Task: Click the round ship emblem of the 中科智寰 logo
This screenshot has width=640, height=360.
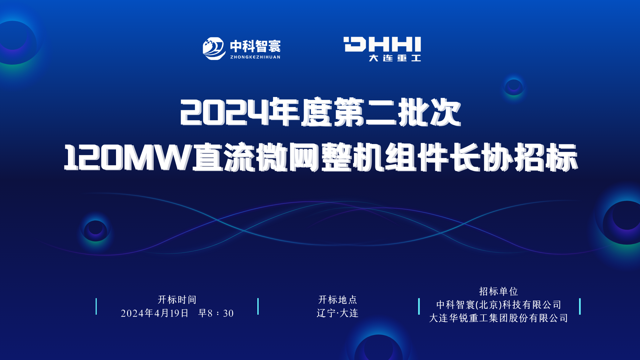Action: [x=214, y=48]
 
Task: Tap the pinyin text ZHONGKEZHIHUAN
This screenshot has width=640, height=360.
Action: [x=255, y=57]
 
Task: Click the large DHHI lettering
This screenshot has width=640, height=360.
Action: [x=382, y=44]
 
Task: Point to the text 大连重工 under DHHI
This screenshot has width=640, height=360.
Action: [x=395, y=58]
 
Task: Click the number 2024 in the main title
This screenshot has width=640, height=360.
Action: [x=225, y=113]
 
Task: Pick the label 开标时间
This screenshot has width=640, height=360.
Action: [x=177, y=300]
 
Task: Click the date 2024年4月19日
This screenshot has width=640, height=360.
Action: [x=155, y=313]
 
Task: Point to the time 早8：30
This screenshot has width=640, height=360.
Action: [x=216, y=313]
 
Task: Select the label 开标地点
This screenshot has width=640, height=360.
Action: [x=338, y=300]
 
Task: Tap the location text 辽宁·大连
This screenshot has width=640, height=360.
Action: [x=337, y=313]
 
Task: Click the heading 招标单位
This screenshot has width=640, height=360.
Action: [x=499, y=291]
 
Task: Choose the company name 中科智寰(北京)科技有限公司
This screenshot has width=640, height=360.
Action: [x=499, y=305]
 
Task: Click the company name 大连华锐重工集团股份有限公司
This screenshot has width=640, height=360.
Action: [x=499, y=318]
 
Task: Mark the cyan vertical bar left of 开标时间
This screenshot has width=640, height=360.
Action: [x=96, y=306]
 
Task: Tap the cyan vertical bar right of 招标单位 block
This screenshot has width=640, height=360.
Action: [x=580, y=306]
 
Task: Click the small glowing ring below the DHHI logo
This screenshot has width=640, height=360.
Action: [x=514, y=87]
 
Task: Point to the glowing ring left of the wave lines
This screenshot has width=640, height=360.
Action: [x=95, y=231]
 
